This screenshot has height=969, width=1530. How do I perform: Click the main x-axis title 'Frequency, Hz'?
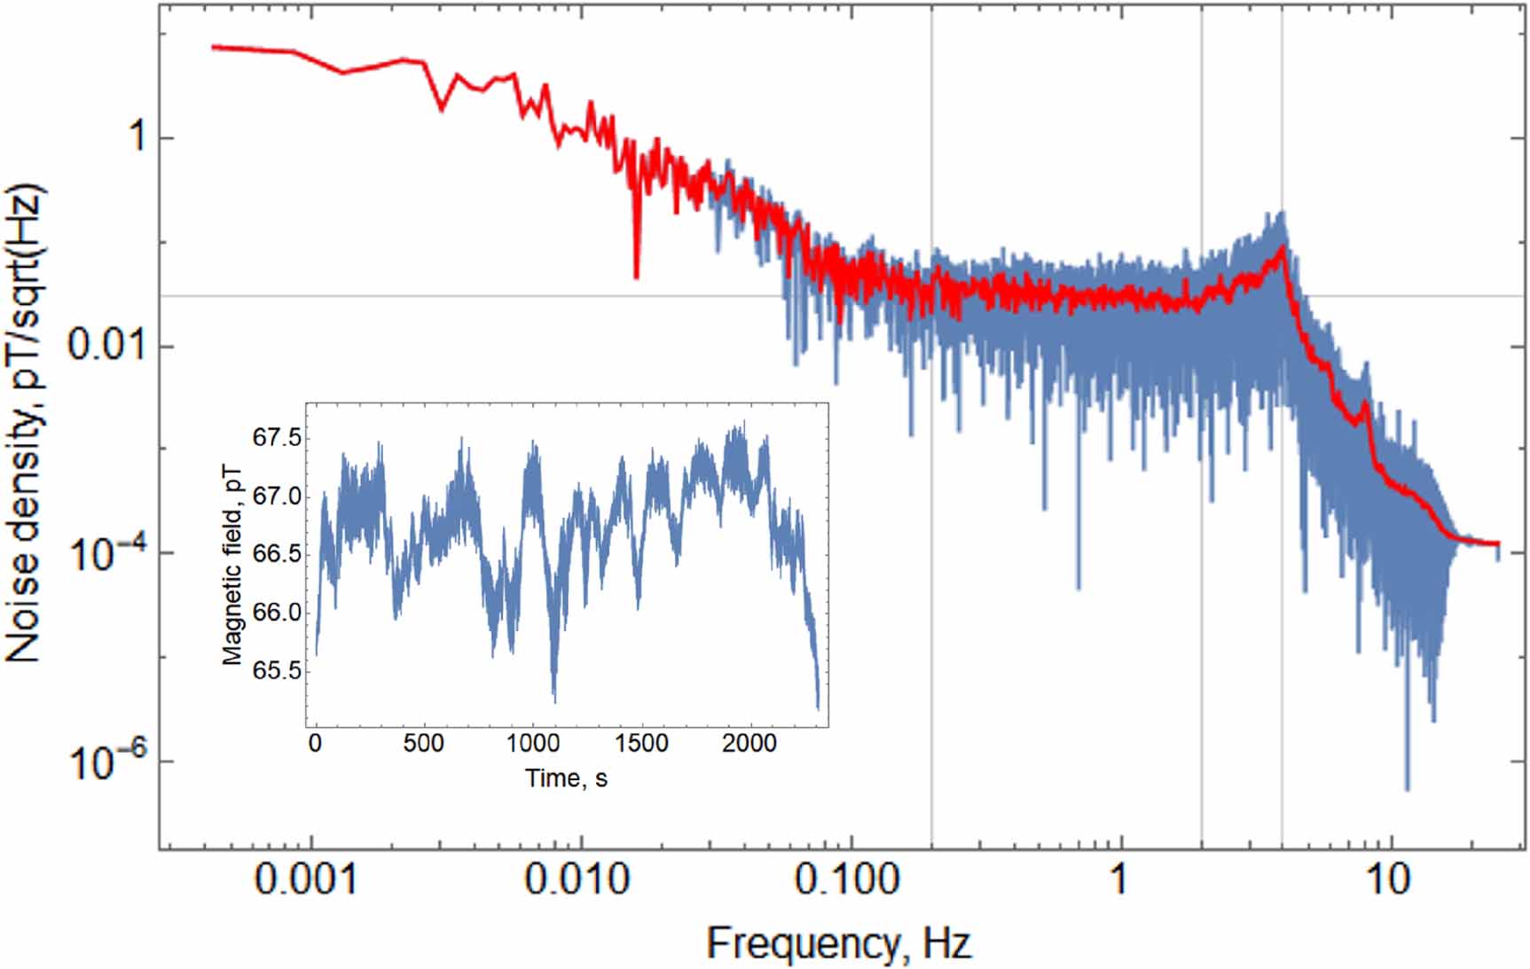point(838,942)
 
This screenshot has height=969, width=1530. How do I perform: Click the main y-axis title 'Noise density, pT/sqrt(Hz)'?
point(25,424)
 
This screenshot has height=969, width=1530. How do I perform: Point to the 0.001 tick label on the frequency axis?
point(306,879)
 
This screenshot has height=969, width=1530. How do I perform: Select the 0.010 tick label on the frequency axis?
point(577,879)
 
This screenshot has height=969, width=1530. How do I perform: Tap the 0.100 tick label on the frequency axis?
point(847,879)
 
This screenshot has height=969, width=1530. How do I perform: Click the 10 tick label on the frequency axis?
point(1388,879)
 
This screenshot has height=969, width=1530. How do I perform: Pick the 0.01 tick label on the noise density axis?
point(109,345)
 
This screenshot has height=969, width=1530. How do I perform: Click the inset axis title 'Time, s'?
point(566,778)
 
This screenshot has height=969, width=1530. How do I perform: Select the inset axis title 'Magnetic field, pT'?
point(232,566)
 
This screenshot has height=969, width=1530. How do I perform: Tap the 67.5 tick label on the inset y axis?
point(276,438)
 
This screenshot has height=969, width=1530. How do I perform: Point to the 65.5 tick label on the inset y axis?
point(276,670)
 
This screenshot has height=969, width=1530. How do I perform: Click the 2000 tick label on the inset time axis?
point(749,743)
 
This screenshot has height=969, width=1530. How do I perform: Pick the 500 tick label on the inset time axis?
point(423,743)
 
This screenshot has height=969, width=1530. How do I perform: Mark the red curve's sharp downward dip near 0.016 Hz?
point(636,276)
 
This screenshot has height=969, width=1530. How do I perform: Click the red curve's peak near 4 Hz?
point(1283,248)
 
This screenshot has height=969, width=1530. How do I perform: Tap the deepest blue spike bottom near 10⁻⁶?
point(1407,787)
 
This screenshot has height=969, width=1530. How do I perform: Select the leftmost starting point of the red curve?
point(213,47)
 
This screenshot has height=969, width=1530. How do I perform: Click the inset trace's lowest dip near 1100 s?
point(554,699)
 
